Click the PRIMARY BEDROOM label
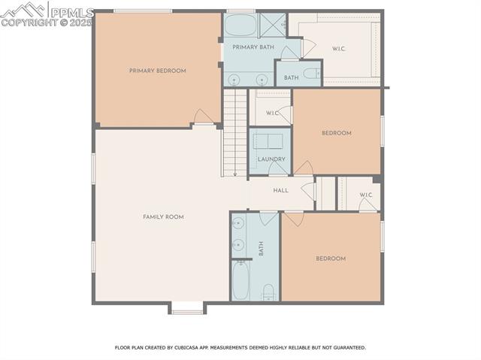point(157,71)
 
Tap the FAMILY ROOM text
point(163,216)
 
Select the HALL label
point(280,190)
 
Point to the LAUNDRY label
point(271,159)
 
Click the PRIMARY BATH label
point(252,47)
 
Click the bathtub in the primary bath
point(240,25)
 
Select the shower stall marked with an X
point(268,24)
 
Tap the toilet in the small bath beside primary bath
point(311,74)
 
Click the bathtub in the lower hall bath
point(240,280)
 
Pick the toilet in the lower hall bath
point(268,292)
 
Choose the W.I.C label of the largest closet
point(339,49)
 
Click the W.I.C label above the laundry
point(272,113)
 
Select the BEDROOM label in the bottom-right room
point(330,259)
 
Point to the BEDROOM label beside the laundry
point(336,133)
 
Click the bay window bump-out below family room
point(186,307)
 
